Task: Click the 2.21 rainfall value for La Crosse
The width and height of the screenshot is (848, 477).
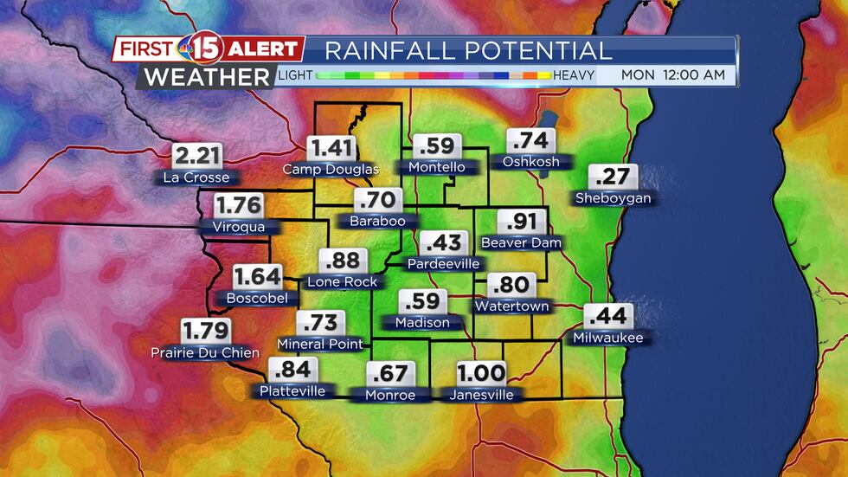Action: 198,157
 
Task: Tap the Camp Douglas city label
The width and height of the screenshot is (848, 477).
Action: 331,169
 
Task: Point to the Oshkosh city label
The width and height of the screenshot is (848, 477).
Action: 530,162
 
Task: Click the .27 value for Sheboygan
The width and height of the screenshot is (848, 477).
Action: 613,177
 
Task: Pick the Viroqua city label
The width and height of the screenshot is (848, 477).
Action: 239,227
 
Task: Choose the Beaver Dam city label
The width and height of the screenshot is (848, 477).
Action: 521,242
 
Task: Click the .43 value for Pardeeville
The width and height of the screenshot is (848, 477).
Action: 443,242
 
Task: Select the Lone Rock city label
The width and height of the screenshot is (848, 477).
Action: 343,281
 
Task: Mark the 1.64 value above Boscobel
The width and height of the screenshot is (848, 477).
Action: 257,277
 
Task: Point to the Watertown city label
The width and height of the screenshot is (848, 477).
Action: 511,306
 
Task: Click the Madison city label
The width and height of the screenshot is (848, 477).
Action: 422,322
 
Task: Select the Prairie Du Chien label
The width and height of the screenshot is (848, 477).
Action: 205,352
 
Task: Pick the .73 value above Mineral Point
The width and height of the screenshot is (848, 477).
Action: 319,324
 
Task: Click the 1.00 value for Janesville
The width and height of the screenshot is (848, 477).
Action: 481,374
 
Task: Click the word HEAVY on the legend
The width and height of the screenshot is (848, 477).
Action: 574,75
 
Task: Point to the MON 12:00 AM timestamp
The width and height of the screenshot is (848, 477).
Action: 673,75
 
